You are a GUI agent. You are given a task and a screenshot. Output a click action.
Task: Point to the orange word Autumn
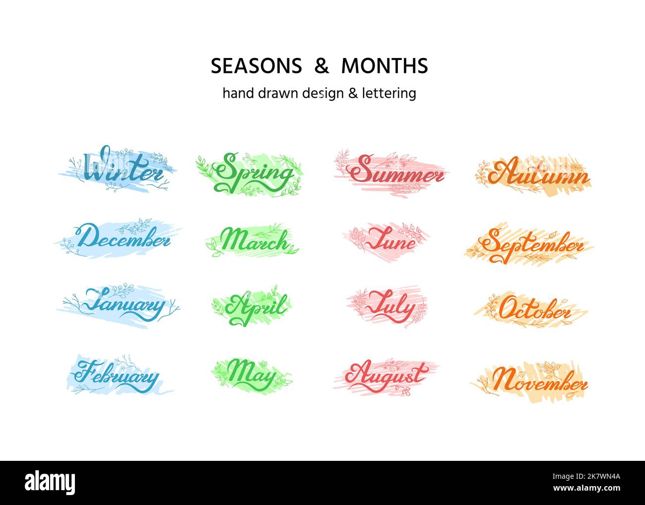coord(538,175)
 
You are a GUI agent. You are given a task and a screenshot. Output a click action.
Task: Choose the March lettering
coord(254,242)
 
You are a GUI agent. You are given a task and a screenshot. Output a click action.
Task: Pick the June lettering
coord(390,240)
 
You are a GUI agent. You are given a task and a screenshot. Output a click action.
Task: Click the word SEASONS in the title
coord(256,66)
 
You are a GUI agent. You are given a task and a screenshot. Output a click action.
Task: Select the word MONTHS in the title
coord(385,66)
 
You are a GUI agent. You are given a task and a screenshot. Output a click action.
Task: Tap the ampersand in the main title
coord(322,66)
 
